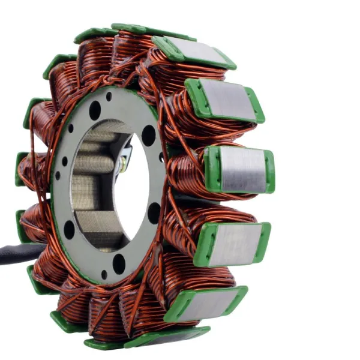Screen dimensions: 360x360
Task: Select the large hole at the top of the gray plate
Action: point(95,110)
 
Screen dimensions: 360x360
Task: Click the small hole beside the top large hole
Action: point(109,96)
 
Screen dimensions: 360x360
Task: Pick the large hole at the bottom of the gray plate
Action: point(119,263)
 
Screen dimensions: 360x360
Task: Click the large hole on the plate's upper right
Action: point(148,135)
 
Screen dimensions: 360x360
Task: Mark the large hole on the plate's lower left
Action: point(70,229)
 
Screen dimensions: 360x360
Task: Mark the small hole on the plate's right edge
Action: point(161,157)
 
